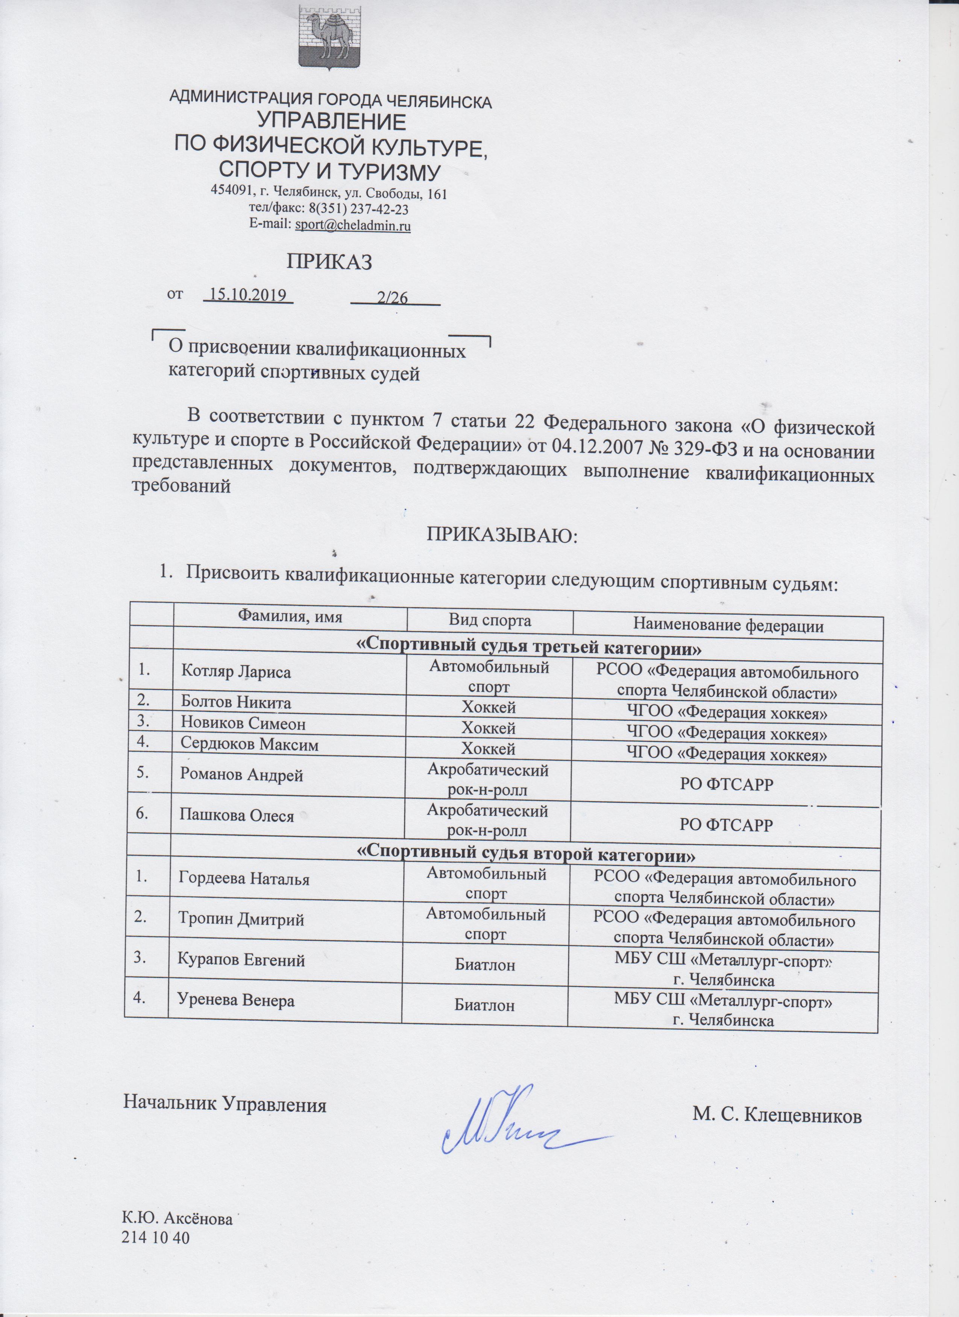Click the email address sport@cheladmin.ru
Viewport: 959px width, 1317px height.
353,226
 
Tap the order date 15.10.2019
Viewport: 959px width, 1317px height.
249,296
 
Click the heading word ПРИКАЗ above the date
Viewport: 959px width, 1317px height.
329,262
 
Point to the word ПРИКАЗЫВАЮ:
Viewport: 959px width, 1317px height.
503,534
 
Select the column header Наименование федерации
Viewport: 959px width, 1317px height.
728,626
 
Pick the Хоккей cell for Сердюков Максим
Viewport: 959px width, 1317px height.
488,749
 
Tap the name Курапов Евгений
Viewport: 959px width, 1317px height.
241,960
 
